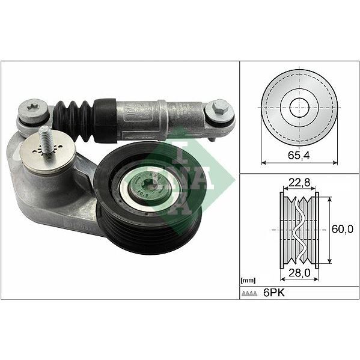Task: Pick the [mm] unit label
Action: [247, 280]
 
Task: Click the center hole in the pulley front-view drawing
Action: [298, 108]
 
